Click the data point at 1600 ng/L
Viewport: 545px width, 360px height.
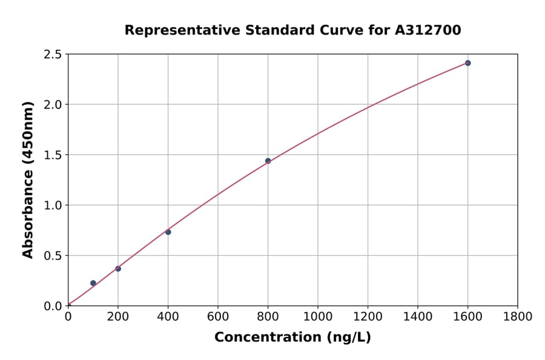pyautogui.click(x=467, y=63)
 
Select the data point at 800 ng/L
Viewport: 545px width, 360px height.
pyautogui.click(x=268, y=161)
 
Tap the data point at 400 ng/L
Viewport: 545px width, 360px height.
pyautogui.click(x=168, y=232)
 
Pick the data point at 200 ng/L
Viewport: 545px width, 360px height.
pyautogui.click(x=118, y=268)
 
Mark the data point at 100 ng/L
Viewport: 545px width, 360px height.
pyautogui.click(x=93, y=283)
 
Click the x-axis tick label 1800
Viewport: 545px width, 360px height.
pyautogui.click(x=518, y=316)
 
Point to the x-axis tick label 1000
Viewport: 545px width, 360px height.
pyautogui.click(x=318, y=316)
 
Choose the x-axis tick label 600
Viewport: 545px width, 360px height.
pyautogui.click(x=218, y=316)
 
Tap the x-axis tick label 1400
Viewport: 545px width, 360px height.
pyautogui.click(x=418, y=316)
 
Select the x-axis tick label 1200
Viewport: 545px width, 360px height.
pyautogui.click(x=368, y=316)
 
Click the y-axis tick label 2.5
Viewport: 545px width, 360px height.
pyautogui.click(x=53, y=55)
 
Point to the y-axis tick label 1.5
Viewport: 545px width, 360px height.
pyautogui.click(x=53, y=155)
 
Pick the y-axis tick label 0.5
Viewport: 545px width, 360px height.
pyautogui.click(x=53, y=256)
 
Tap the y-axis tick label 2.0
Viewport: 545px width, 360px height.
pyautogui.click(x=53, y=105)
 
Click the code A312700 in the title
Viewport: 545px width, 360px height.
pyautogui.click(x=428, y=30)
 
